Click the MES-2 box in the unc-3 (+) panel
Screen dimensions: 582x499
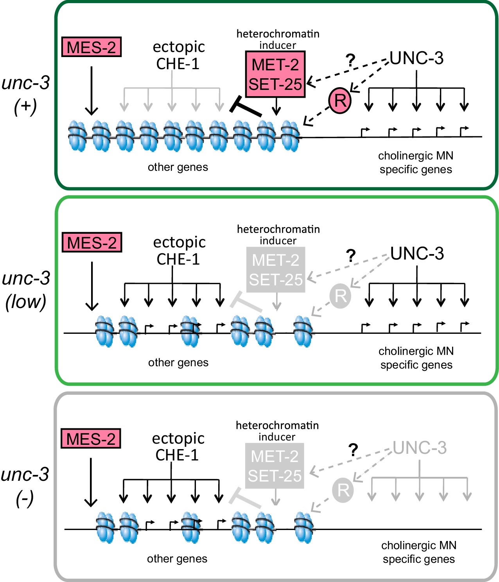coord(92,47)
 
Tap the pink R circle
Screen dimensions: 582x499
coord(340,100)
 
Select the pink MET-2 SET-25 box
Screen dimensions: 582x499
coord(275,74)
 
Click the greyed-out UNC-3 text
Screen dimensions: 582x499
coord(419,448)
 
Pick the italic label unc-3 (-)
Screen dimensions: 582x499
coord(25,486)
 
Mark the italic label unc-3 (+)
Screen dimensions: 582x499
coord(26,94)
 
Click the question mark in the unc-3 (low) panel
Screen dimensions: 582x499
coord(351,256)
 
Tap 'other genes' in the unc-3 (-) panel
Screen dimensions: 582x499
coord(177,559)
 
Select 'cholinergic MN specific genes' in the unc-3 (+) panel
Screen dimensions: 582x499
coord(416,163)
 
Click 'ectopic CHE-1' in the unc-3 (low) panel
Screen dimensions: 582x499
coord(179,251)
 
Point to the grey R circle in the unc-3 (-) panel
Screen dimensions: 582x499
coord(343,490)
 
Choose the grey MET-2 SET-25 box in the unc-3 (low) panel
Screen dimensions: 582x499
coord(276,270)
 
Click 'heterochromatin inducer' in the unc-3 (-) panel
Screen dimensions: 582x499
coord(277,431)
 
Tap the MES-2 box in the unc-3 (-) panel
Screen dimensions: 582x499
coord(91,439)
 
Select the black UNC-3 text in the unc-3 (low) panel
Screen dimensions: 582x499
coord(417,254)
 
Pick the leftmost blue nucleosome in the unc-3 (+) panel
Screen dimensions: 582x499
coord(77,136)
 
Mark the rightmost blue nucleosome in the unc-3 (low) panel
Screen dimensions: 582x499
coord(303,331)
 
